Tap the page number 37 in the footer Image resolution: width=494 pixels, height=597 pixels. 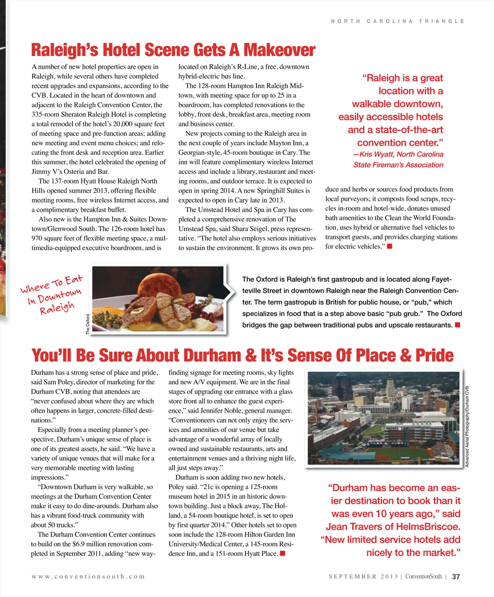point(456,577)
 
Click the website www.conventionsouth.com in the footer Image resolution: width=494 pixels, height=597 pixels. point(88,576)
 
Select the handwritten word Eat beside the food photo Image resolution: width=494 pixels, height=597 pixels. point(74,280)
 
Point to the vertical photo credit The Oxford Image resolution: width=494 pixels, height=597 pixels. point(88,324)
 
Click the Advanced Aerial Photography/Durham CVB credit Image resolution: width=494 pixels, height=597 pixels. point(467,426)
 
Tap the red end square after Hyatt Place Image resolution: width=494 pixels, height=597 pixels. point(283,553)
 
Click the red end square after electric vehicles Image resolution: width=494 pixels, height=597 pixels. point(389,246)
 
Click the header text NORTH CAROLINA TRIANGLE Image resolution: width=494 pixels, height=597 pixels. point(397,21)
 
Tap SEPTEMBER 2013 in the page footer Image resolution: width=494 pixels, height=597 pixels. point(364,576)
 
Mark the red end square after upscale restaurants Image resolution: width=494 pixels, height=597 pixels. point(457,325)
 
